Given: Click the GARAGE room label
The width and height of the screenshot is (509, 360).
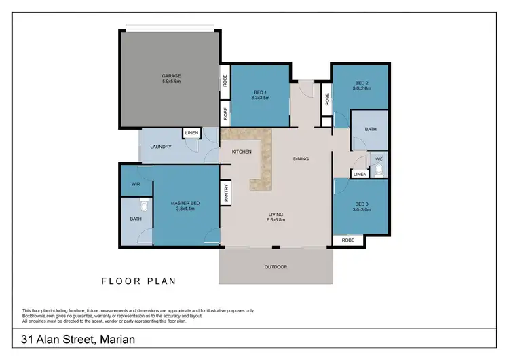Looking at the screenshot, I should [x=171, y=75].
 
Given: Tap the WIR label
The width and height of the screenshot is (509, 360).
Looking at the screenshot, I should [x=136, y=183].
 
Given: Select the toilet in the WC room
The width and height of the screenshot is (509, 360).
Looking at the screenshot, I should [x=380, y=169].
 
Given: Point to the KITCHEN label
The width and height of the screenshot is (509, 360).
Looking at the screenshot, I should [x=242, y=151].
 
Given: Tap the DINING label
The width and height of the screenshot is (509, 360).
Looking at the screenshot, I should [x=301, y=159].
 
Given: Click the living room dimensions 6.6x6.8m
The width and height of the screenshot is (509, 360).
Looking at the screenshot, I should [x=276, y=220].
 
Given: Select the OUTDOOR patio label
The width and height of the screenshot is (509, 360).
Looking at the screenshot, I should [x=276, y=267].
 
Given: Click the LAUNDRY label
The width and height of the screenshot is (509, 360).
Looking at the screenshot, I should [x=160, y=147].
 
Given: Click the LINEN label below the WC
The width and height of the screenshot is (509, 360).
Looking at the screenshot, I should [x=360, y=175].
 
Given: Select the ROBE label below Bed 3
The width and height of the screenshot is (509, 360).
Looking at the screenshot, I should [x=347, y=240].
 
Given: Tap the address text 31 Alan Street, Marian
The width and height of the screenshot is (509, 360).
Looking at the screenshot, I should [x=79, y=338].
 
